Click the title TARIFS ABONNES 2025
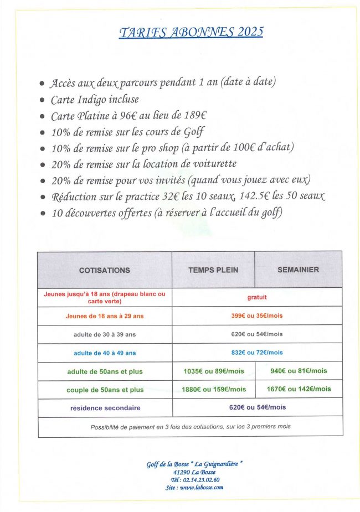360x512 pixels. [x=191, y=32]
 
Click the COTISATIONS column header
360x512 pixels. [x=105, y=271]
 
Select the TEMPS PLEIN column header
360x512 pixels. [x=213, y=271]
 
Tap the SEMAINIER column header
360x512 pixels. [x=298, y=270]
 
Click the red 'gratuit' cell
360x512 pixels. [x=257, y=297]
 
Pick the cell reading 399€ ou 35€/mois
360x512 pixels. [x=257, y=316]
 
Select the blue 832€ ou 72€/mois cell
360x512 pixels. [x=257, y=353]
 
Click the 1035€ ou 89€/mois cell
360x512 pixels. [x=213, y=371]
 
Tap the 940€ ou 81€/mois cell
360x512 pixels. [x=299, y=371]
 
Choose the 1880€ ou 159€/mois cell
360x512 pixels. [x=213, y=389]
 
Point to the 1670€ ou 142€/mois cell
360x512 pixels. [x=299, y=389]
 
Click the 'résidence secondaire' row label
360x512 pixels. [x=105, y=408]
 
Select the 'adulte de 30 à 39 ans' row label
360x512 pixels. [x=105, y=334]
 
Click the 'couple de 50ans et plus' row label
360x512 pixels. [x=105, y=390]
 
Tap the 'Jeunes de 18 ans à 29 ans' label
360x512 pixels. [x=105, y=316]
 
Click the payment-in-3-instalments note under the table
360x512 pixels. [x=190, y=427]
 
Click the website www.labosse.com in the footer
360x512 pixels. [x=201, y=487]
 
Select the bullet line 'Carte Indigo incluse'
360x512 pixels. [x=95, y=100]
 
